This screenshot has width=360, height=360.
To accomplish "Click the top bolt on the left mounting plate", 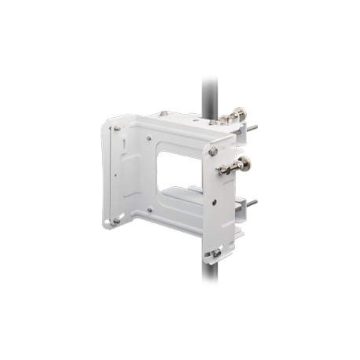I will click(116, 129).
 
